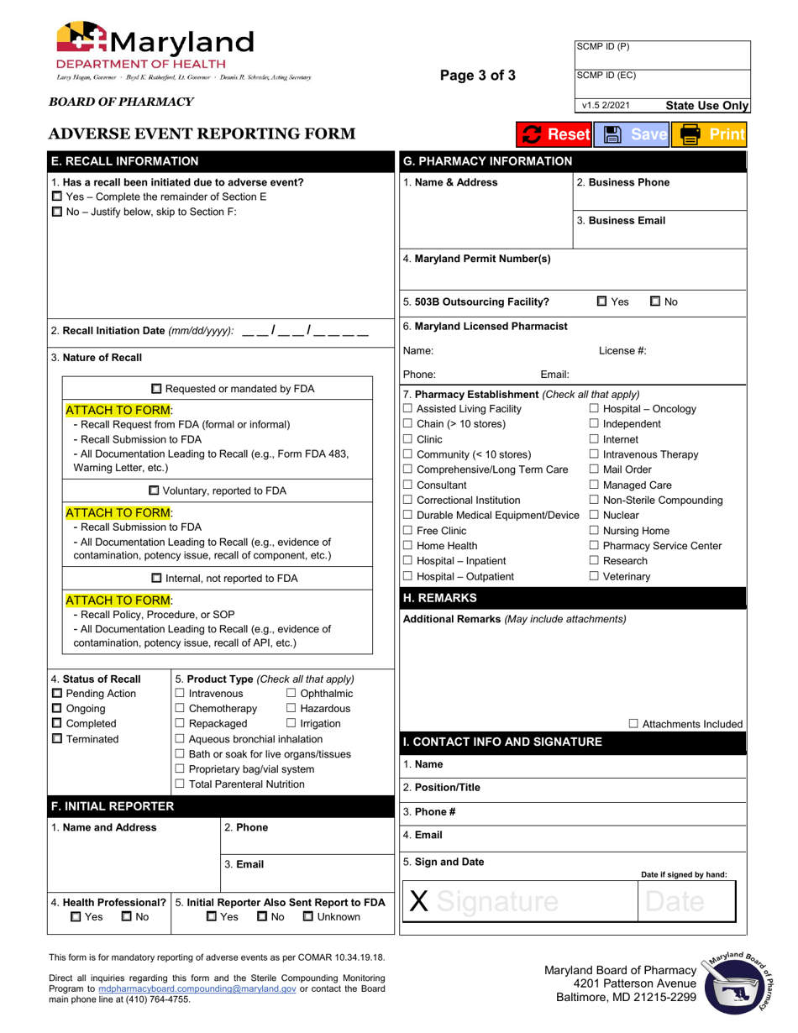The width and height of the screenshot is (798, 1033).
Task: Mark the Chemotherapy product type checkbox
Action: pos(180,708)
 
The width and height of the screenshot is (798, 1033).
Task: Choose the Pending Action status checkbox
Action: pos(57,693)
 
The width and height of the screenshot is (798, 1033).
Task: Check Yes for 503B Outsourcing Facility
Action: pos(602,302)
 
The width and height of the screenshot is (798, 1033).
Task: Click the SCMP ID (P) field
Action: pos(661,54)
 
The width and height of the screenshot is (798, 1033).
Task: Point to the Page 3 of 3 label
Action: pos(478,76)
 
